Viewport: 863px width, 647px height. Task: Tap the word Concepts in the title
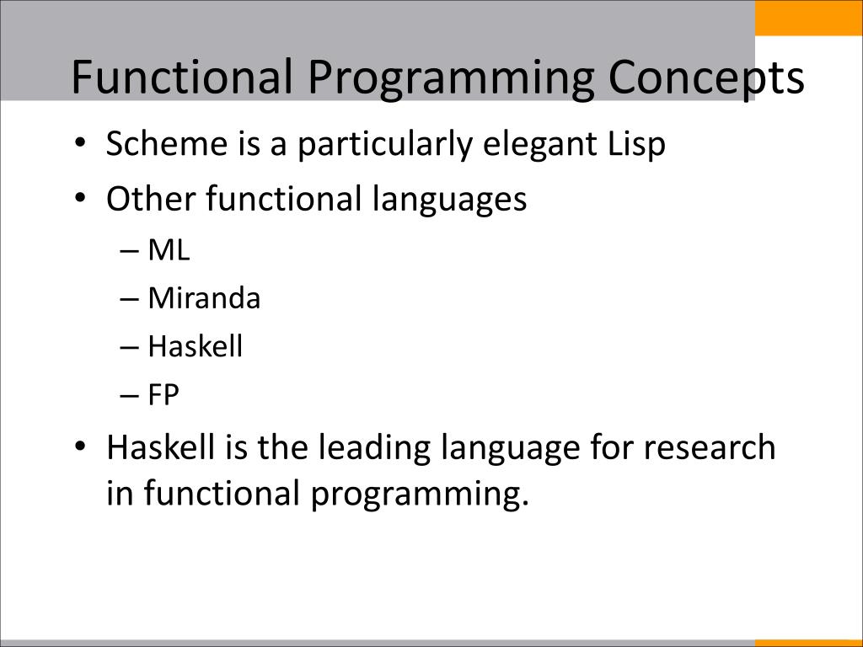[706, 78]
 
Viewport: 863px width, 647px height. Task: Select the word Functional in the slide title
[182, 76]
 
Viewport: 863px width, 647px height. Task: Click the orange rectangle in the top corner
[808, 18]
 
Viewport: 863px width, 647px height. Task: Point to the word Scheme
[167, 143]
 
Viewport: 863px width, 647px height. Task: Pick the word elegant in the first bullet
[539, 146]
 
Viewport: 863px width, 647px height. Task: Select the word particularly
[384, 146]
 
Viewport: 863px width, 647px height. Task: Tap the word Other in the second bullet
[151, 198]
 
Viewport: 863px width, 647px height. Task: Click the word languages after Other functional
[449, 201]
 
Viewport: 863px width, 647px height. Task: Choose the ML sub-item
[169, 250]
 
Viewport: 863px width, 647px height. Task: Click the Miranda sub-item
[204, 298]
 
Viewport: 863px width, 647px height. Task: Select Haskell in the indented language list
[195, 346]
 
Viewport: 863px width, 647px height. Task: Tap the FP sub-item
[163, 395]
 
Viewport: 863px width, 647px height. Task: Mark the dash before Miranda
[128, 300]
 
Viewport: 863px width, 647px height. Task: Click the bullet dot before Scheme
[80, 143]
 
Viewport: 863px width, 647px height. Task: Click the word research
[710, 446]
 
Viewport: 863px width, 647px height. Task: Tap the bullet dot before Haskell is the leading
[80, 446]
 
